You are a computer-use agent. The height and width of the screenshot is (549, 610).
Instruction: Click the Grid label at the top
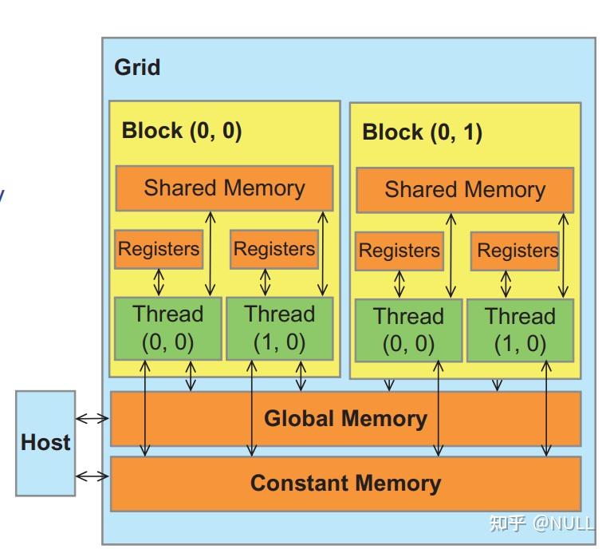click(x=137, y=67)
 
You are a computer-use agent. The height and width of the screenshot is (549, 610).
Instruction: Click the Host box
click(x=46, y=442)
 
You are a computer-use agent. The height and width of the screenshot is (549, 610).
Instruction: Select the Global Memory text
click(x=345, y=419)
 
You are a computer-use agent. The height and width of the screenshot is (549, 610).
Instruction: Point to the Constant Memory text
click(x=345, y=483)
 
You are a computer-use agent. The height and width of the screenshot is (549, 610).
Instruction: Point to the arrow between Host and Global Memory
click(x=92, y=418)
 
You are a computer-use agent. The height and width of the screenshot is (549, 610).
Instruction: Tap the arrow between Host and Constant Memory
click(x=92, y=476)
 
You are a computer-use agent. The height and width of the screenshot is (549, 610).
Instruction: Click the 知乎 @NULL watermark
click(x=541, y=523)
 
